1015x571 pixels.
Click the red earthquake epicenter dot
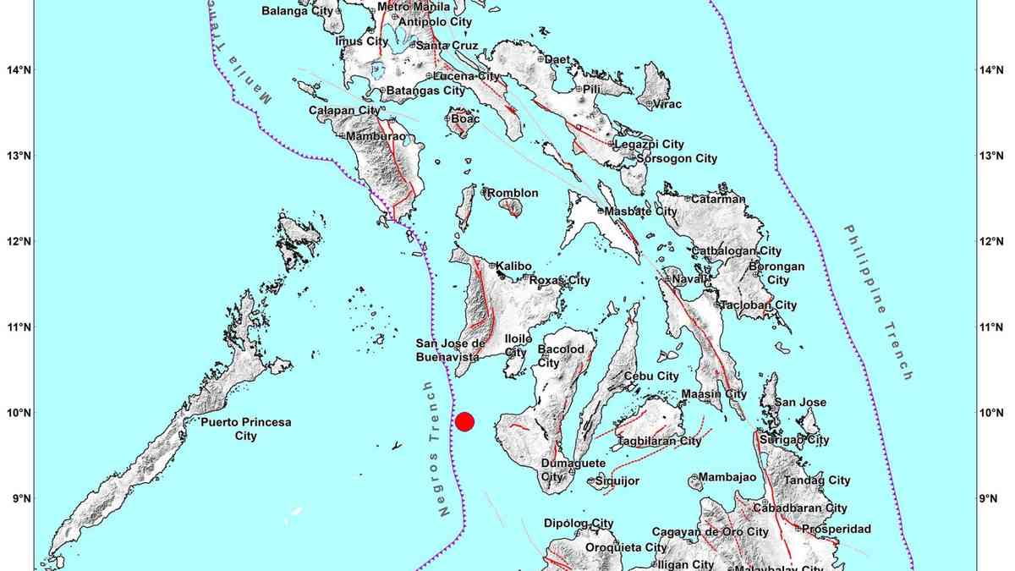(x=464, y=421)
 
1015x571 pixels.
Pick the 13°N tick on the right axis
(x=990, y=156)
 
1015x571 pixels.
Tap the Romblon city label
(x=514, y=193)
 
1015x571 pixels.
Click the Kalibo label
(x=513, y=266)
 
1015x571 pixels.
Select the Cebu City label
(x=651, y=376)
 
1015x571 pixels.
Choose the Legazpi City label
(x=648, y=145)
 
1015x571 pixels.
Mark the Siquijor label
(x=617, y=481)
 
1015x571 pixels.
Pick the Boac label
(x=465, y=120)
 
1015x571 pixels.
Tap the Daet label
(x=557, y=59)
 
